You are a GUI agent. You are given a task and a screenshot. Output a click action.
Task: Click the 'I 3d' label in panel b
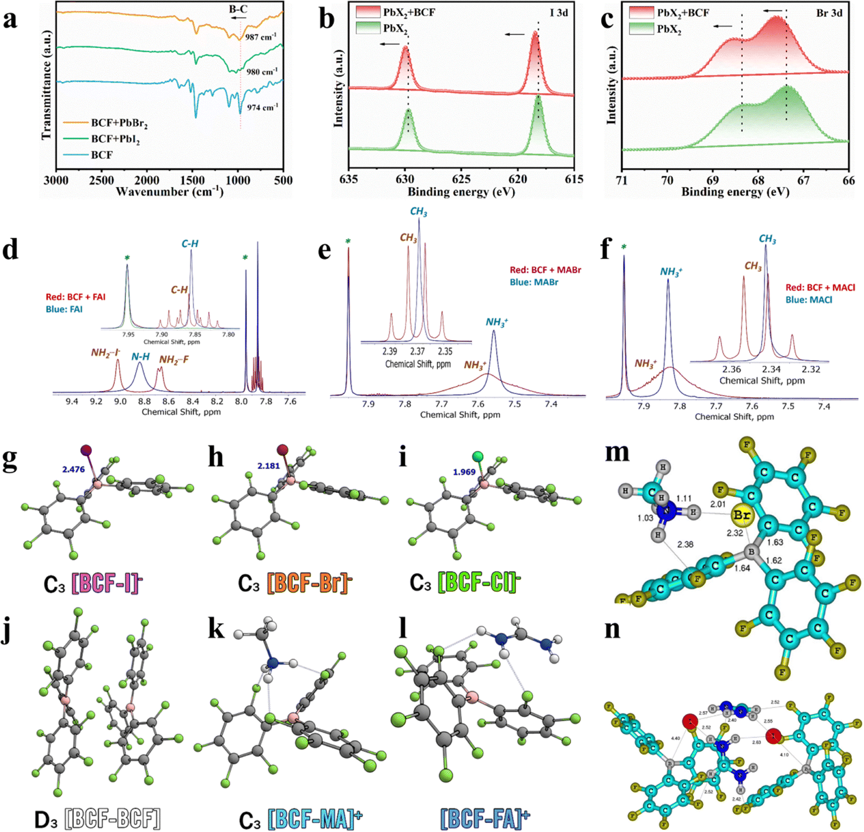(559, 12)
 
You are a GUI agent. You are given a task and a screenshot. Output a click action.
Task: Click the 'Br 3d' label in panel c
(829, 12)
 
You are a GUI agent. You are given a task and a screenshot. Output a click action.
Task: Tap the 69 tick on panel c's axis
(712, 180)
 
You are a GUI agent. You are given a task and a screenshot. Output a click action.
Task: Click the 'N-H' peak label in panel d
(140, 356)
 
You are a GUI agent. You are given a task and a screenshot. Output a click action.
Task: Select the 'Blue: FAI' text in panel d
(65, 309)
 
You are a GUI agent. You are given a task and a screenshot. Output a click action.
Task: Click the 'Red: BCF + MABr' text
(545, 270)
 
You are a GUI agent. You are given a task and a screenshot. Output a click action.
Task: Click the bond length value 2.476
(73, 469)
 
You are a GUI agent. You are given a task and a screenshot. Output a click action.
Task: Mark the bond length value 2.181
(269, 466)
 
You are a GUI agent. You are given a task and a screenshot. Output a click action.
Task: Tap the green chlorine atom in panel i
(478, 457)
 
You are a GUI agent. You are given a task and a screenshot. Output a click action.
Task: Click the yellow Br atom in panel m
(741, 515)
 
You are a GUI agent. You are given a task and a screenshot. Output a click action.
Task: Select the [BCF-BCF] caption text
(112, 818)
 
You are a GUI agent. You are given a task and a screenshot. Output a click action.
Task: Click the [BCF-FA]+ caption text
(485, 818)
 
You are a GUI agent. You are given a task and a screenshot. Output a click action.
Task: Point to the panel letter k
(216, 630)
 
